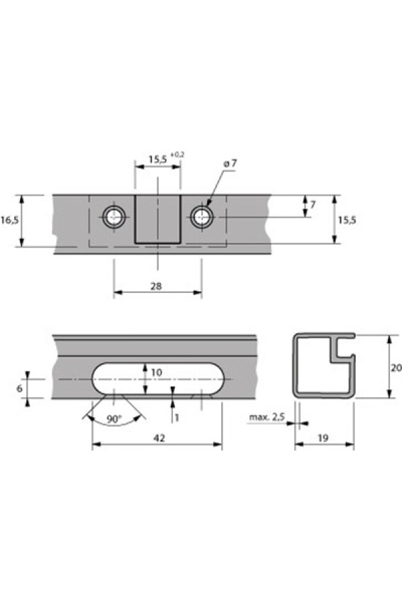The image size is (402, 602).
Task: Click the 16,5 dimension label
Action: (9, 220)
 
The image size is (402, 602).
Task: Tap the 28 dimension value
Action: (156, 286)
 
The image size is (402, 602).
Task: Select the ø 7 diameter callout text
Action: (230, 163)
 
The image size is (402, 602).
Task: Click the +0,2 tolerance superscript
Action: (177, 155)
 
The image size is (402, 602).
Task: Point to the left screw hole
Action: (114, 217)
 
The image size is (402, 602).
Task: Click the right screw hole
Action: (202, 217)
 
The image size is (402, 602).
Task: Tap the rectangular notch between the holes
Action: (157, 219)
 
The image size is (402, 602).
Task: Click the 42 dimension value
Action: (159, 437)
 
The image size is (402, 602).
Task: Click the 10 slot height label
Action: (157, 372)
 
